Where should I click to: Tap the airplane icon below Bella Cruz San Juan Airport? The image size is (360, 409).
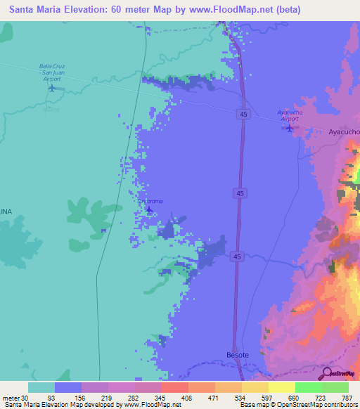(51, 88)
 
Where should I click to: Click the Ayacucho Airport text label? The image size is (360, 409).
(289, 115)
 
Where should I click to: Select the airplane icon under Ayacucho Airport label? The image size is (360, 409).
(290, 128)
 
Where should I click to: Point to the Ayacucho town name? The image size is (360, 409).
(345, 131)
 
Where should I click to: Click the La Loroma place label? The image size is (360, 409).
(150, 201)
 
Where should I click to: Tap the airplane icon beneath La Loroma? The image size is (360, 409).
(148, 209)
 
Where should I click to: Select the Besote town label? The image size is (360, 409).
(237, 355)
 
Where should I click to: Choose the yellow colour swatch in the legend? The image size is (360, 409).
(281, 387)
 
